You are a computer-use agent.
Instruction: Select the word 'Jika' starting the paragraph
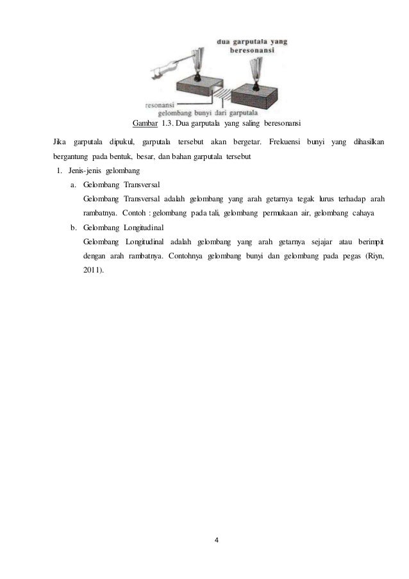pos(58,141)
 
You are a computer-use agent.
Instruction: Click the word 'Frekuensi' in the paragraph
pos(286,141)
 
